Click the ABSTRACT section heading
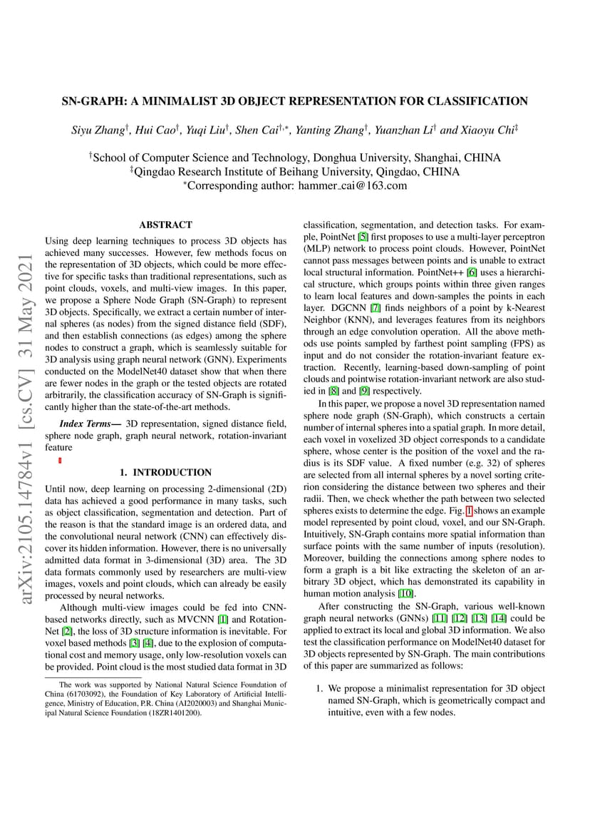tap(165, 225)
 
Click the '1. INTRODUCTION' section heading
tap(165, 472)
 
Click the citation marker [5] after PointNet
tap(363, 238)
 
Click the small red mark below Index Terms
tap(60, 461)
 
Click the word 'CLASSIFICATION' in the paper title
tap(483, 101)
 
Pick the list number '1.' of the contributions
tap(320, 689)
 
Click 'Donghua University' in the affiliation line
tap(368, 158)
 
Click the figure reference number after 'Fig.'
tap(468, 512)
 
